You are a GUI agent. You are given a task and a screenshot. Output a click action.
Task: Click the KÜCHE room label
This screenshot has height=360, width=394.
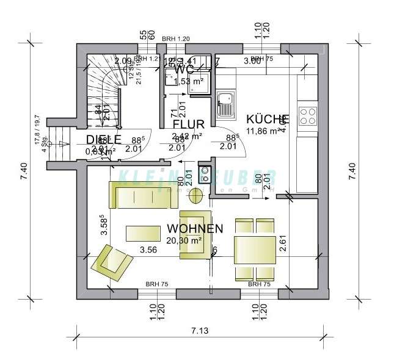point(267,119)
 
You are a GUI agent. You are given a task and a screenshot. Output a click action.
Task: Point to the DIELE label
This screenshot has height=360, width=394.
point(103,139)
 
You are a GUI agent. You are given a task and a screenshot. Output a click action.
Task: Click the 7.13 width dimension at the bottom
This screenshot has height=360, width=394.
point(199,331)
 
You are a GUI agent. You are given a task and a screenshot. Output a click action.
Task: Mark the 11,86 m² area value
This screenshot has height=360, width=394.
point(263,130)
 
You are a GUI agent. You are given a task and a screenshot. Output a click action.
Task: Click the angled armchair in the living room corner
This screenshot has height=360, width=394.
point(111,261)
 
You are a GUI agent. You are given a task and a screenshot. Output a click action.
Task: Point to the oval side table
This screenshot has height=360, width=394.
point(196,196)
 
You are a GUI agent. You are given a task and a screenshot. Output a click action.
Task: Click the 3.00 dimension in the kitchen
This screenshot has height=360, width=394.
point(252,61)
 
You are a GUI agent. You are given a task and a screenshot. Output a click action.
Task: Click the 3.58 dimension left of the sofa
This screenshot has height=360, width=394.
point(104,225)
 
